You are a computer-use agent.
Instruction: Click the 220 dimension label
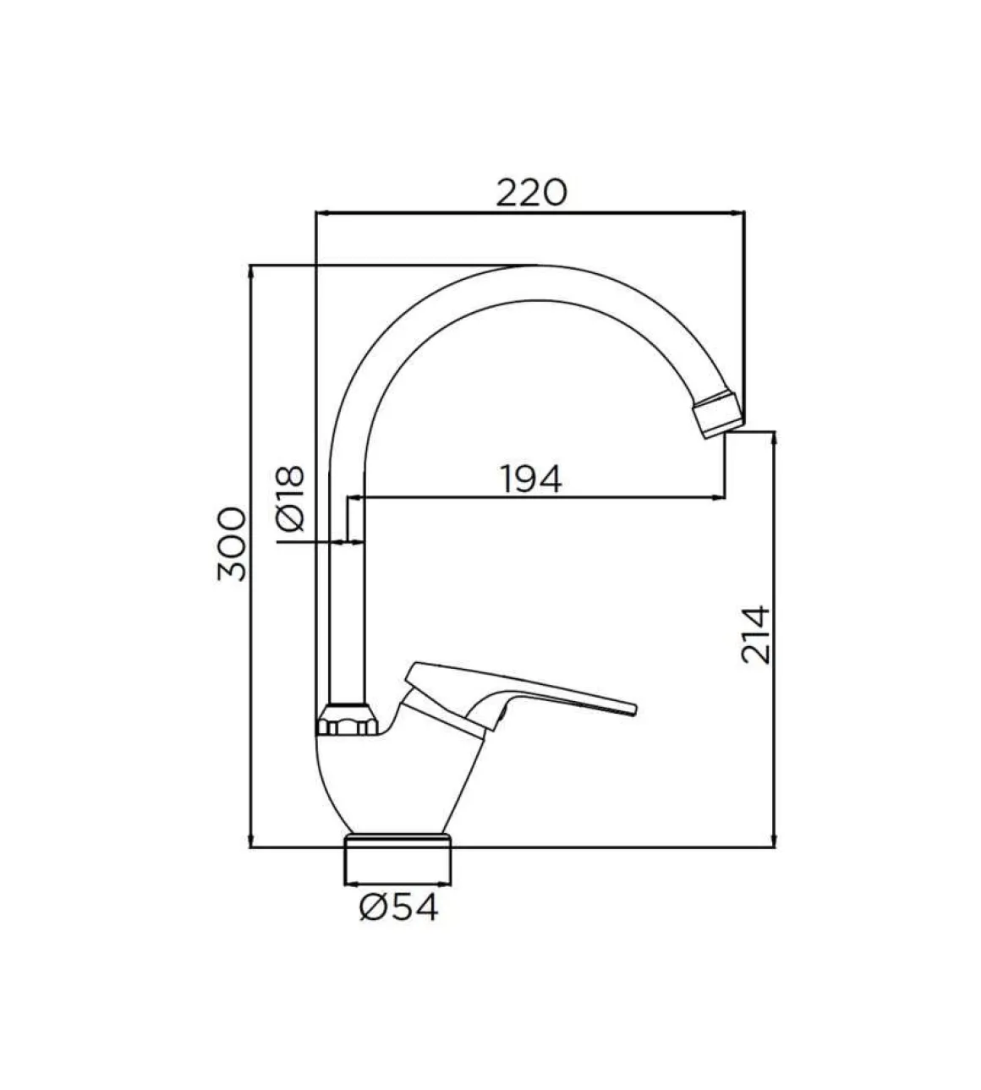click(x=531, y=193)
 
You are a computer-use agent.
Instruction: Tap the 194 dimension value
click(x=531, y=479)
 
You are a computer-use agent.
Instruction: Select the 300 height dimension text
click(x=232, y=544)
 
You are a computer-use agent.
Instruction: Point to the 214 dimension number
click(x=756, y=634)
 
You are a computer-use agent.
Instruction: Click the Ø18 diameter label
click(x=291, y=498)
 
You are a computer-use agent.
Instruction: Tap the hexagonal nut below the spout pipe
click(x=348, y=720)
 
